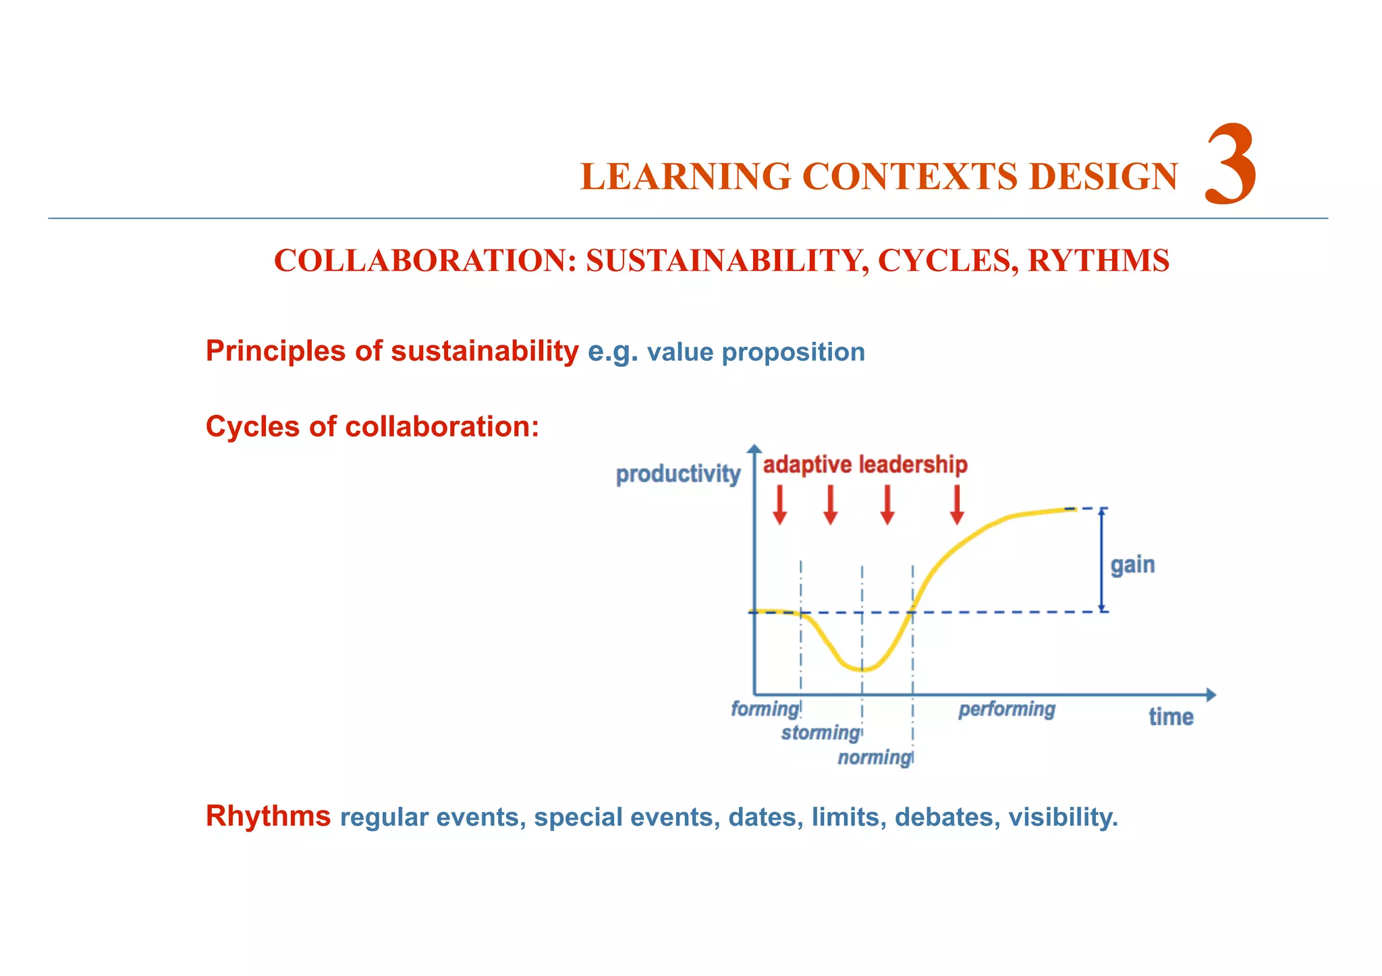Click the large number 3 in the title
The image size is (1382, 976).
click(1230, 165)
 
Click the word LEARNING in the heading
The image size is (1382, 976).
click(685, 177)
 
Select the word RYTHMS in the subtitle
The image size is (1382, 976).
click(1098, 261)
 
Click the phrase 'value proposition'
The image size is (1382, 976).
click(756, 352)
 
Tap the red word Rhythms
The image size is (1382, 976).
click(268, 816)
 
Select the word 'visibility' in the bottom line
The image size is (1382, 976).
click(1062, 817)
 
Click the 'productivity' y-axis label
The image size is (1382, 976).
click(678, 474)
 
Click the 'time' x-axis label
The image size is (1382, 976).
click(1171, 717)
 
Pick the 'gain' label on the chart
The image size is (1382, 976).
click(1132, 565)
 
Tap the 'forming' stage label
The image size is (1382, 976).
click(765, 709)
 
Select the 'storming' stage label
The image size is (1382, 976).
click(820, 733)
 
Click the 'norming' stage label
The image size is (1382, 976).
click(875, 757)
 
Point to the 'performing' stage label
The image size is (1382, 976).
click(1006, 709)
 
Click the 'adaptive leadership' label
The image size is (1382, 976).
click(865, 465)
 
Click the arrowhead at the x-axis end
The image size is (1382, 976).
click(1211, 695)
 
